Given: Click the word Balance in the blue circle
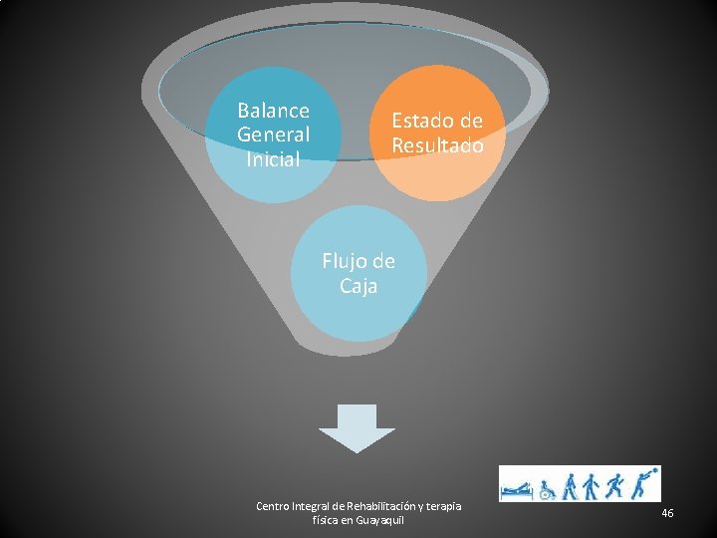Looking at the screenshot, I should tap(273, 111).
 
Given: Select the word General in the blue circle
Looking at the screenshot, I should tap(273, 134).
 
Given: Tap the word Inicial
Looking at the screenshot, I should tap(273, 158).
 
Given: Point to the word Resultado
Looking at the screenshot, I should tap(437, 145).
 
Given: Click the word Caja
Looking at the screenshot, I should tap(358, 287).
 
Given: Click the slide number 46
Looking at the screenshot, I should tap(667, 513).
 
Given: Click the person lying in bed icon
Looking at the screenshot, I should tap(518, 490).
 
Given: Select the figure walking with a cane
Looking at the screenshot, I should tap(571, 486).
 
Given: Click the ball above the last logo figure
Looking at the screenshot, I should tap(654, 470).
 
